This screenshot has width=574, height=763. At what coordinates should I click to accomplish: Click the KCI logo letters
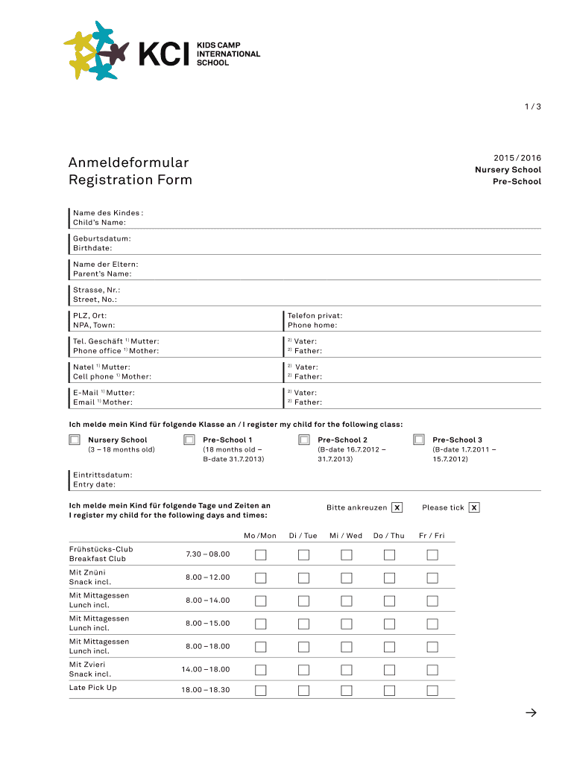point(164,54)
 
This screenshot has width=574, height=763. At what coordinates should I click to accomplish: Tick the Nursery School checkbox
point(75,440)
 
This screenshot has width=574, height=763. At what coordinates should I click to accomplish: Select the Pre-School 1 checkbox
point(189,440)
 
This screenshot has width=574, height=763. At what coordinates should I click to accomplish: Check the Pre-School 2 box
point(304,440)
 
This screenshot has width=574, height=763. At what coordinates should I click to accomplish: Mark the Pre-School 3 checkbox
point(419,440)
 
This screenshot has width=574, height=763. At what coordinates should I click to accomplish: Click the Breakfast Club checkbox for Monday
point(260,554)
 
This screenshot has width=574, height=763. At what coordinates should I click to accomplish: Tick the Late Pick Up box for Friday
point(432,690)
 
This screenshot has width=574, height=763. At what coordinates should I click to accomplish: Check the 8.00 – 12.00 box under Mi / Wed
point(346,577)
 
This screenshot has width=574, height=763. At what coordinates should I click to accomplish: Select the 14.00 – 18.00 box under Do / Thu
point(389,669)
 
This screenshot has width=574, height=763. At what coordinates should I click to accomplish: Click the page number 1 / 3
point(532,107)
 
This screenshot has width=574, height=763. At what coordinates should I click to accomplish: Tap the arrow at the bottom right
point(531,713)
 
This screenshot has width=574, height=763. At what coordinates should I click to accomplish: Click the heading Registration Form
point(130,180)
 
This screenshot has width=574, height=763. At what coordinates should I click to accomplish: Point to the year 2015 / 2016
point(517,158)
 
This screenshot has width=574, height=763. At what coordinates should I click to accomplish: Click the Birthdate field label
point(92,248)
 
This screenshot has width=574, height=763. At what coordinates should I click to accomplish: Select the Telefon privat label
point(315,315)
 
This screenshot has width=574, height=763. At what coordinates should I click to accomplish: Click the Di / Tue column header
point(303,536)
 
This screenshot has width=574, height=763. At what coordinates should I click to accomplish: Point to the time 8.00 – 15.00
point(208,624)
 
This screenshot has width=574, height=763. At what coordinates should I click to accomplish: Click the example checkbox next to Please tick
point(474,507)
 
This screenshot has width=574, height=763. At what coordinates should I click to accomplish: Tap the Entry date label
point(94,484)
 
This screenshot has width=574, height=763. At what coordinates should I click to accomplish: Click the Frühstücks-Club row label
point(101,549)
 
